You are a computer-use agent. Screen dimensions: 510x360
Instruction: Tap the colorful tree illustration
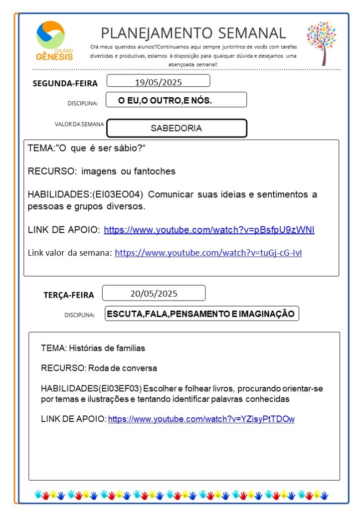pos(322,42)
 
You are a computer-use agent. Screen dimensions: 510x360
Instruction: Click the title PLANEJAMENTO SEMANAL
pos(193,33)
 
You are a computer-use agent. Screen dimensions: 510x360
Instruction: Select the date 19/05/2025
pos(158,81)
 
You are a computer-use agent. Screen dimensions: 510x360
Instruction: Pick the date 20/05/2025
pos(154,293)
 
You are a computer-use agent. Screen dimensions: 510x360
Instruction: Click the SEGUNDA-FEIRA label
pos(65,83)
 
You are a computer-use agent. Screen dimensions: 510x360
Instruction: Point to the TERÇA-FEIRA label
pos(68,295)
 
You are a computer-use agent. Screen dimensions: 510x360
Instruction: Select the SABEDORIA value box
pos(177,128)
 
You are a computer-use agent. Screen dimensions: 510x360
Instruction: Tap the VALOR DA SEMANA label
pos(79,124)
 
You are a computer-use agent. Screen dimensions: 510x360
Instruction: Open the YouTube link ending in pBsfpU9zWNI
pos(209,230)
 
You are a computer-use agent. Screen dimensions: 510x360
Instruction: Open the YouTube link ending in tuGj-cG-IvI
pos(208,253)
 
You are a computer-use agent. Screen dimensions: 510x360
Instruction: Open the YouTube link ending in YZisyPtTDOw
pos(201,419)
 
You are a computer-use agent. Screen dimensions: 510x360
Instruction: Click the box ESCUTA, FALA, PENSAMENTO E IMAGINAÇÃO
pos(201,314)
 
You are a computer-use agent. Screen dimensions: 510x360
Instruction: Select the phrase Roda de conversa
pos(122,368)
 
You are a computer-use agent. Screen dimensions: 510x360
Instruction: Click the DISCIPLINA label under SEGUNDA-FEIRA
pos(82,103)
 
